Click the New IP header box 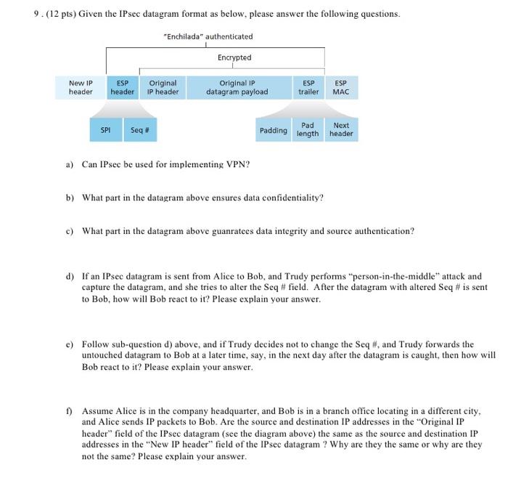pos(81,88)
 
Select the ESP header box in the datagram pos(122,88)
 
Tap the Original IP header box pos(163,88)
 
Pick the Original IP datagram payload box pos(237,88)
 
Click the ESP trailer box pos(309,88)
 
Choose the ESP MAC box pos(340,88)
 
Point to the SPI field pos(105,130)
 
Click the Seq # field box pos(139,130)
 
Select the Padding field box pos(273,130)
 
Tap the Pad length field pos(308,130)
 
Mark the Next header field pos(340,130)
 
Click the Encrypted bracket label pos(234,57)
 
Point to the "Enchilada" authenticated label pos(208,36)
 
